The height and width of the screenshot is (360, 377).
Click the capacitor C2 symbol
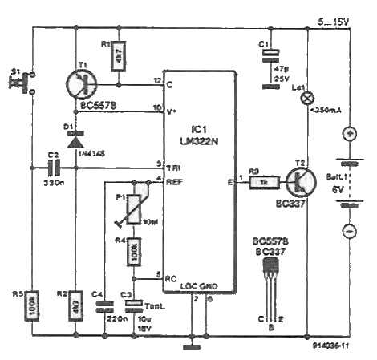54,168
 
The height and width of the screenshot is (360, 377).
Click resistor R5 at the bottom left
32,307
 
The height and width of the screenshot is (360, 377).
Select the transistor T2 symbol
299,182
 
